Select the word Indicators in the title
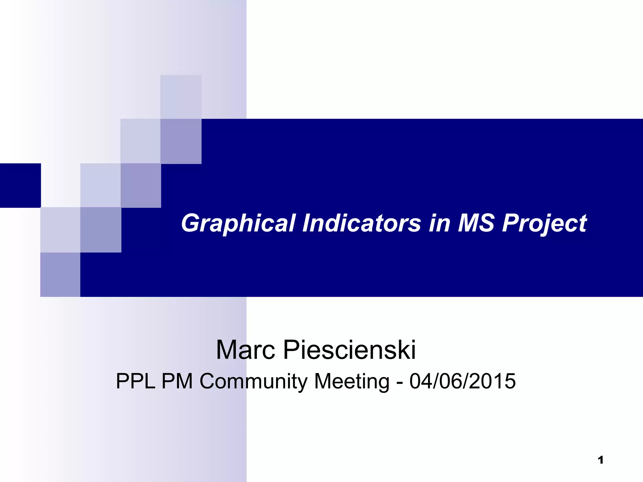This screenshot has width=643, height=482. (361, 223)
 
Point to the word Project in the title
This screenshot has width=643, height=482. (544, 223)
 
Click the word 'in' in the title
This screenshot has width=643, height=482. (439, 223)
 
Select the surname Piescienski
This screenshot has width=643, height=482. (349, 350)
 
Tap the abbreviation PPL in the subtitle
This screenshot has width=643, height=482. (136, 381)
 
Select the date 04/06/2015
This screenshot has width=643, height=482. (462, 381)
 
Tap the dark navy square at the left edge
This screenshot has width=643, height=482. (20, 185)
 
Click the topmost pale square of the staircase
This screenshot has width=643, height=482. (181, 97)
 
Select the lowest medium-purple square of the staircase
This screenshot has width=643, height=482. (60, 275)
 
